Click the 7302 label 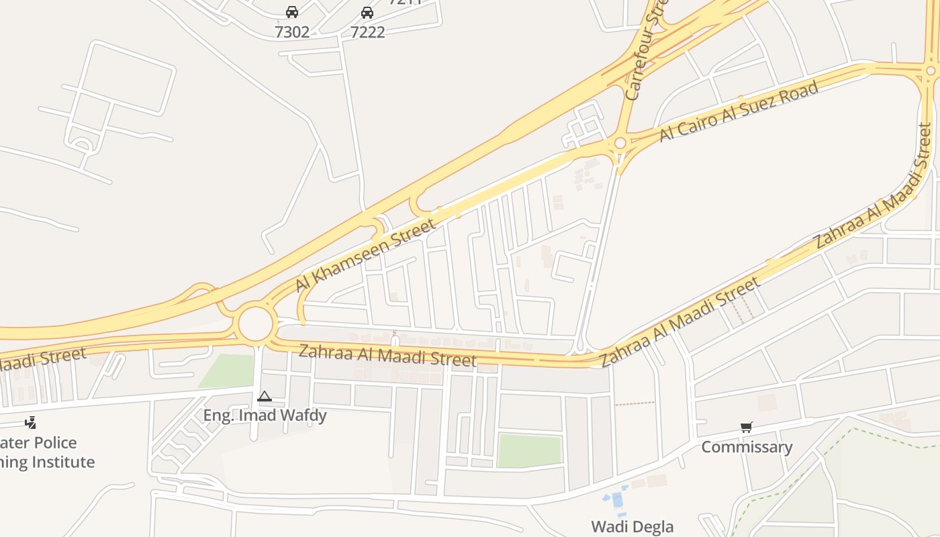click(292, 32)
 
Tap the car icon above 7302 click(292, 12)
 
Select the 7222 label click(367, 32)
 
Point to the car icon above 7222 click(367, 12)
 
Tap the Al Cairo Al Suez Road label click(739, 111)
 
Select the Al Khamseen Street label click(365, 256)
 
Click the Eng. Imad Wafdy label click(265, 416)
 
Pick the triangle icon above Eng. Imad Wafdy click(265, 397)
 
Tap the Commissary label click(747, 447)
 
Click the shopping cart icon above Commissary click(747, 428)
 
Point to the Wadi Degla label click(632, 526)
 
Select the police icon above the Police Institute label click(30, 422)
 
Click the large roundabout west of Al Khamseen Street click(256, 325)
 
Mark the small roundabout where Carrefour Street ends click(620, 143)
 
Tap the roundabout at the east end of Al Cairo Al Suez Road click(931, 70)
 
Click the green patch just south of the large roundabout click(227, 371)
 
